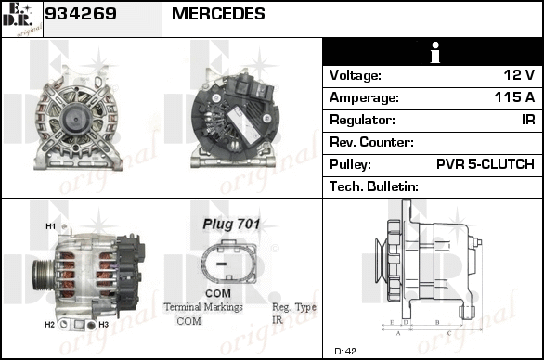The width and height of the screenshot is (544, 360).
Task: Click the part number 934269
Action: click(81, 14)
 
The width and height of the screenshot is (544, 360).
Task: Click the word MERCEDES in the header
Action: click(218, 14)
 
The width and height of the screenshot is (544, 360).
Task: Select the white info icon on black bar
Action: click(435, 52)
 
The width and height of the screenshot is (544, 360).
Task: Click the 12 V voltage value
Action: click(519, 74)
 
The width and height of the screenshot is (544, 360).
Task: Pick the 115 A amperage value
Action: click(514, 97)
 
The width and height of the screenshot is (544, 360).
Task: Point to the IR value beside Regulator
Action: click(528, 120)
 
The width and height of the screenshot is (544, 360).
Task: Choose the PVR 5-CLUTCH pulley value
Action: click(485, 163)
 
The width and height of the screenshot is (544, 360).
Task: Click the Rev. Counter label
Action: click(371, 142)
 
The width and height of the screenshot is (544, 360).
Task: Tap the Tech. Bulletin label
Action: click(374, 186)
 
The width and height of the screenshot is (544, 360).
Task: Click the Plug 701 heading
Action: click(231, 224)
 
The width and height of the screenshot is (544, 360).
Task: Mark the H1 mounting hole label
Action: click(51, 226)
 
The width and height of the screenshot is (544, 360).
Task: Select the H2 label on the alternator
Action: click(49, 325)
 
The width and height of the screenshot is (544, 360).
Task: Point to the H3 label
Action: click(103, 325)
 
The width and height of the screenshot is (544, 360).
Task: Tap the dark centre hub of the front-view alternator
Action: click(76, 120)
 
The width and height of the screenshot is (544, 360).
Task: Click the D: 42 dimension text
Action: click(345, 351)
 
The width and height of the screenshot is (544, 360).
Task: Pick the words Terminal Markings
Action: click(203, 307)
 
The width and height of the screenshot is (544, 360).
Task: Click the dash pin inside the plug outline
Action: click(221, 264)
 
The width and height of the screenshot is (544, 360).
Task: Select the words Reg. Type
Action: click(294, 307)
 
